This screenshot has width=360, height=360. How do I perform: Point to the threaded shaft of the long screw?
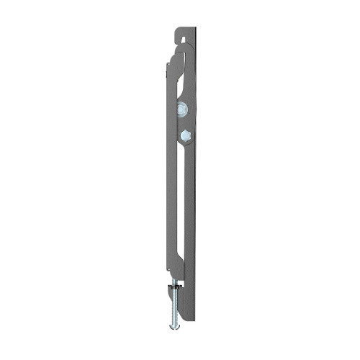tap(175, 302)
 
